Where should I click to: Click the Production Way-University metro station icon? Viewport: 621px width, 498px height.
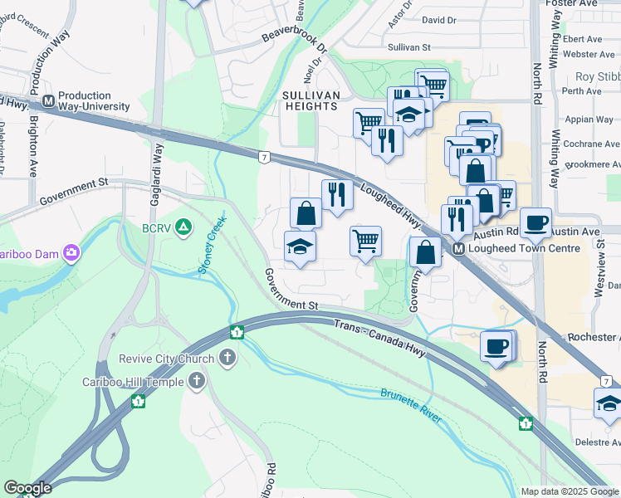coord(48,100)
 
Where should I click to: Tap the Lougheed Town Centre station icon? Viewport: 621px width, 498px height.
coord(457,248)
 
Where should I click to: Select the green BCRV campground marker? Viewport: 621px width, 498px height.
coord(183,226)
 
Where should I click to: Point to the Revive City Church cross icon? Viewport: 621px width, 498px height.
coord(228,358)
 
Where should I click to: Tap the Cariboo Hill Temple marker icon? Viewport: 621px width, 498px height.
coord(197,381)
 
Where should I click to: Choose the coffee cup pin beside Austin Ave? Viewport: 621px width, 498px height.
coord(536,222)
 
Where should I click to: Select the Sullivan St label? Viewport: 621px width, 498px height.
coord(408,48)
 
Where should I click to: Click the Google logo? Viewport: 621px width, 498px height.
coord(27,488)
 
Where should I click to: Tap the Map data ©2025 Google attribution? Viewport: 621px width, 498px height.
coord(570,491)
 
